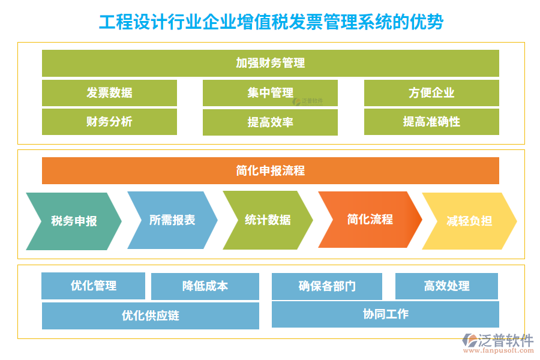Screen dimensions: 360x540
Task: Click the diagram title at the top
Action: (x=271, y=22)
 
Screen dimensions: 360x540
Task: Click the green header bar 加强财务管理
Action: (x=270, y=63)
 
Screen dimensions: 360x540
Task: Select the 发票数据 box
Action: (x=109, y=93)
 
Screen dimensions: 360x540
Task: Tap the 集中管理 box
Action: (x=270, y=93)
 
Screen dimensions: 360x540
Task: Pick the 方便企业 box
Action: (x=431, y=93)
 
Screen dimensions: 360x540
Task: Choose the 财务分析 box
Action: (x=109, y=122)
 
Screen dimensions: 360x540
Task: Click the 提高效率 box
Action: (x=270, y=122)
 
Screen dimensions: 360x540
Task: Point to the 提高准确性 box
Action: (x=431, y=122)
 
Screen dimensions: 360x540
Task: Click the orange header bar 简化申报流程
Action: (x=270, y=170)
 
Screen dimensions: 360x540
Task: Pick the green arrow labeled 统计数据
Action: (x=268, y=220)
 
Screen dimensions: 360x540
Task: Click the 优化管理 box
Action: (x=93, y=286)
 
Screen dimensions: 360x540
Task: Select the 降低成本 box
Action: (x=205, y=286)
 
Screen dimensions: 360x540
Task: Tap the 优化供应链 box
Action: (x=150, y=316)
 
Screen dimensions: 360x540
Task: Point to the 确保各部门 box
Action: (x=326, y=286)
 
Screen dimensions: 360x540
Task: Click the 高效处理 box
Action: (x=446, y=286)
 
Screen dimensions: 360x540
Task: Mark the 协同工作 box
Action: (x=385, y=314)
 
